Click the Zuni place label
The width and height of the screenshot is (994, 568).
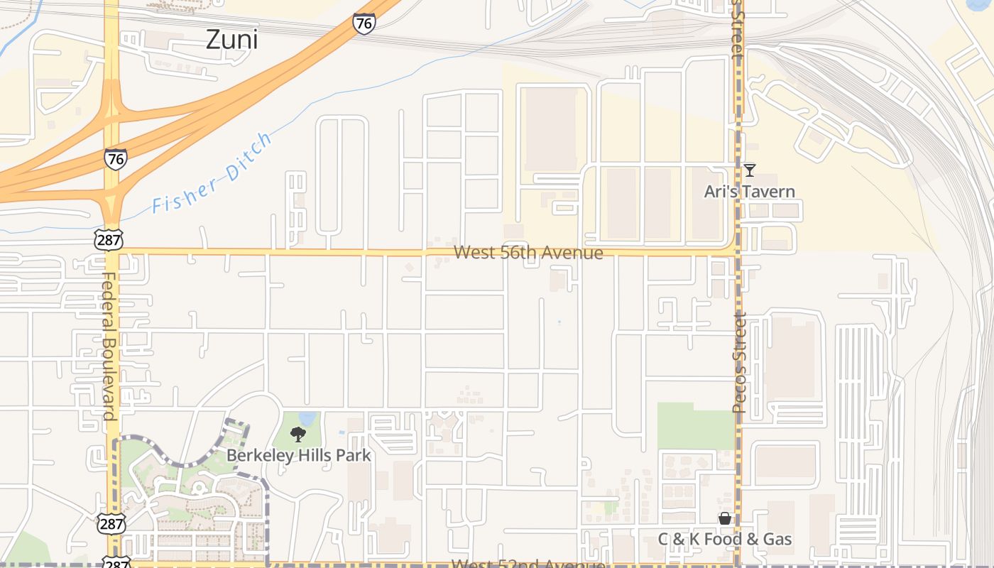231,40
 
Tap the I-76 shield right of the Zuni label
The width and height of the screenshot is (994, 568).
364,23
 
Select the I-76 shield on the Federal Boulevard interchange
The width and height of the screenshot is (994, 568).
115,158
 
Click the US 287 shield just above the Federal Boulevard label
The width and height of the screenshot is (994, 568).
109,239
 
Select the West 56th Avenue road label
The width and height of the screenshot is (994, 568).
528,253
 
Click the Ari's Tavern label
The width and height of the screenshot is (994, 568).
749,192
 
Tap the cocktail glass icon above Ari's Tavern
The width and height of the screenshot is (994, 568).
749,170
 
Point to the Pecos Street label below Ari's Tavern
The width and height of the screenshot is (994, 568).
740,362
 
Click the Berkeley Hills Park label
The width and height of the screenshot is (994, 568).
298,455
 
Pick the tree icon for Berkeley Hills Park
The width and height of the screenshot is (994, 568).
298,434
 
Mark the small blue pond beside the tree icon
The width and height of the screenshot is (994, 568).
308,418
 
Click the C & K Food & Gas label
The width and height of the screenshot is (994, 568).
724,540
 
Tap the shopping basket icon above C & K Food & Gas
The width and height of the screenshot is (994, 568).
724,519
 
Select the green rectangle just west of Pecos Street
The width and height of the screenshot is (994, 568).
695,426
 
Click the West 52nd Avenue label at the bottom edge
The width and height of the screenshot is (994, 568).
528,564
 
